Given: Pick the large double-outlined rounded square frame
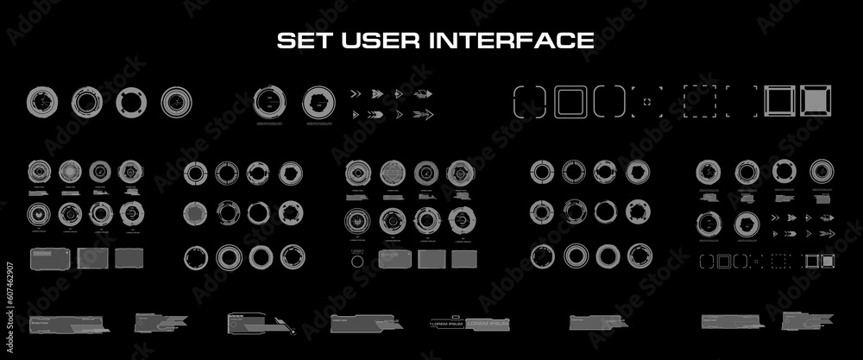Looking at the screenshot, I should point(570,101).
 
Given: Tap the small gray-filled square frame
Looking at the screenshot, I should point(828,259).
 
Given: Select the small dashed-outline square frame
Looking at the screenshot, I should point(779,259).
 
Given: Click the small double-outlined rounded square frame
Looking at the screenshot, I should point(723,259).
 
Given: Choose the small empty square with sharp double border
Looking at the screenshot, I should point(812,259).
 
